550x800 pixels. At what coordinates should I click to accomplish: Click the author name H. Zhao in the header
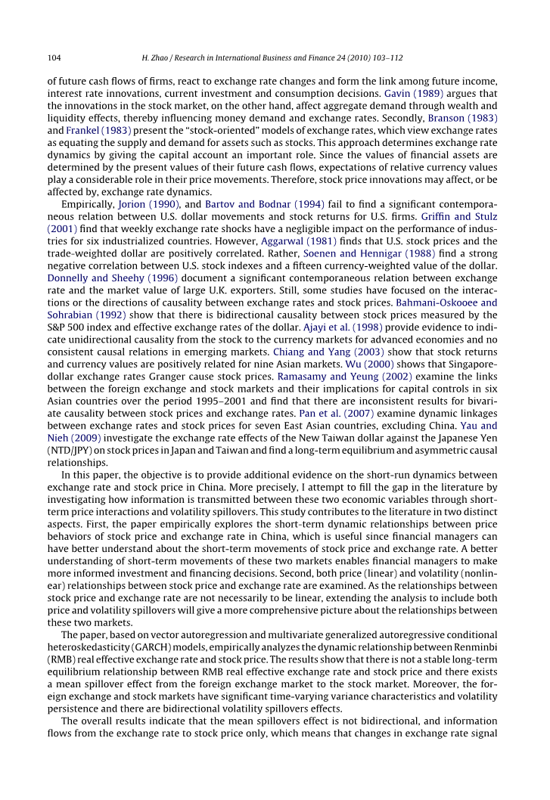point(157,57)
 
